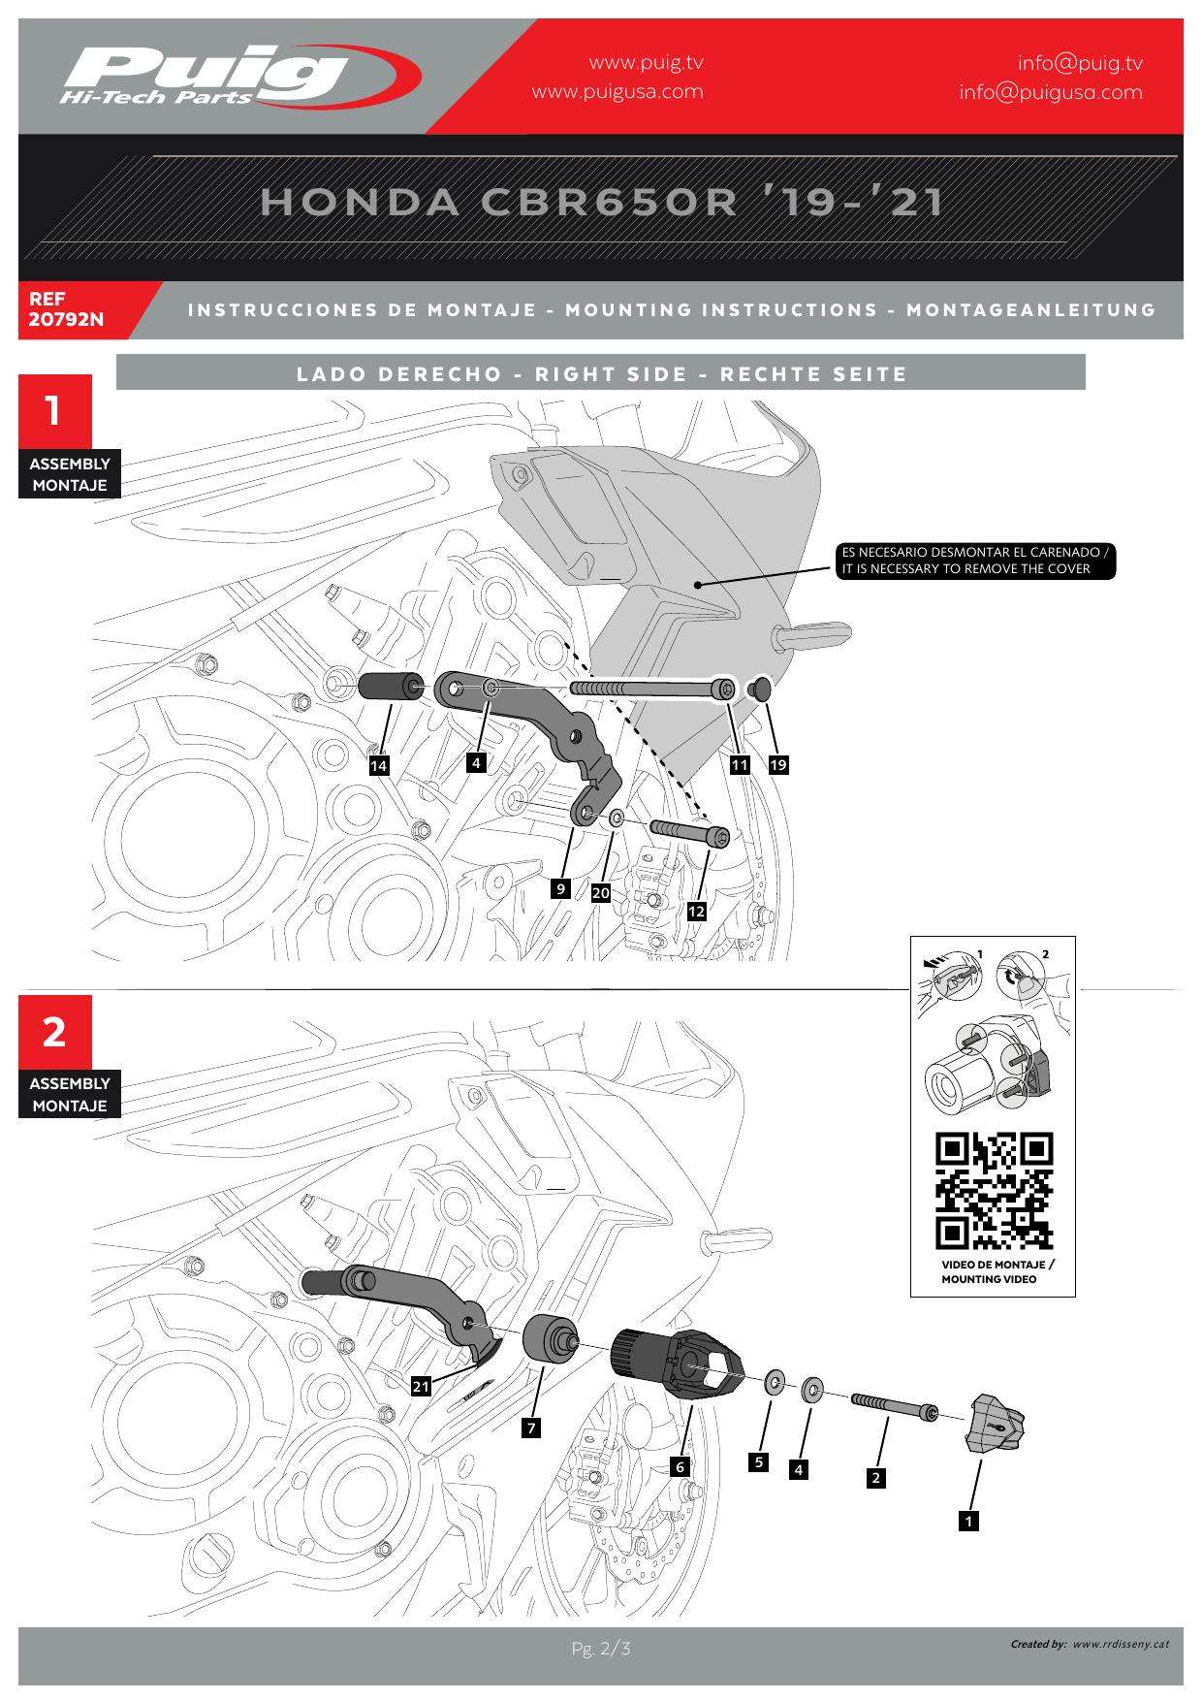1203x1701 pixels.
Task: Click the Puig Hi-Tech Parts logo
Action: [240, 76]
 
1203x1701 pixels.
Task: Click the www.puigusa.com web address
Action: [617, 92]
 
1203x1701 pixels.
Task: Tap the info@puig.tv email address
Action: [1080, 63]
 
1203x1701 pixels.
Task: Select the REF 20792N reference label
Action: [66, 309]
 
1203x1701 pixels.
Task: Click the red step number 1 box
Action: [55, 411]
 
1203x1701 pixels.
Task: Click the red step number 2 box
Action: [55, 1032]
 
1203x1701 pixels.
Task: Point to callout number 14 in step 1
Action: [379, 766]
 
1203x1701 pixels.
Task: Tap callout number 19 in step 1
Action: [778, 765]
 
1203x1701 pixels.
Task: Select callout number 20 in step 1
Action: [601, 892]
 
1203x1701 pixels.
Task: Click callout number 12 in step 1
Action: [696, 912]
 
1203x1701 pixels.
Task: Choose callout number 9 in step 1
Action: [560, 887]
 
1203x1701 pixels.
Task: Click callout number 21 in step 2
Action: [421, 1387]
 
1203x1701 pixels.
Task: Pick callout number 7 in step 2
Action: [531, 1428]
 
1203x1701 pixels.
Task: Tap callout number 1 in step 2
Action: [967, 1522]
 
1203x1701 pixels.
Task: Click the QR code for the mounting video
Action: [995, 1191]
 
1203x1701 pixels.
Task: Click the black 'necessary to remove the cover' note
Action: [976, 562]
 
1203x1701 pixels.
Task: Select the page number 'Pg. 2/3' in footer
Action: [601, 1649]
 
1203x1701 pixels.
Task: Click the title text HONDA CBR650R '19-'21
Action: [602, 202]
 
